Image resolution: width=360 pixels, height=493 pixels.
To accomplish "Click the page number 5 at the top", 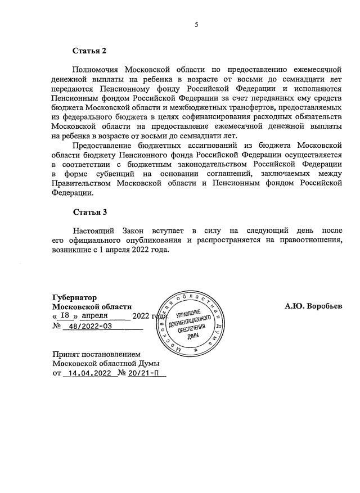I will click(196, 24).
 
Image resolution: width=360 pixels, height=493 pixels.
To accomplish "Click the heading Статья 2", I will click(89, 52).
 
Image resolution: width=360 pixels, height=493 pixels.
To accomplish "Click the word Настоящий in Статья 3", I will click(92, 231).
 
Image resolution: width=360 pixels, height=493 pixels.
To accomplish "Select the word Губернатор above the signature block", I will click(74, 297).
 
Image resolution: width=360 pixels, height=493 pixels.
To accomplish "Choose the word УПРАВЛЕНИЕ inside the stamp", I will click(188, 313).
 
